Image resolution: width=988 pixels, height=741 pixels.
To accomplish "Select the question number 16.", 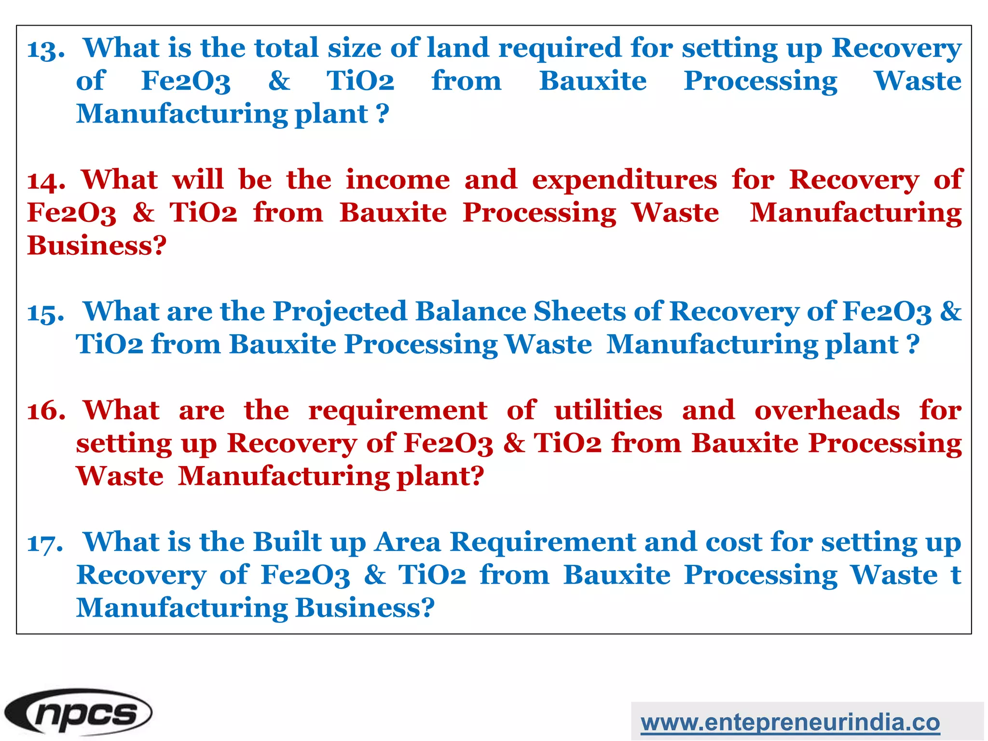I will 46,412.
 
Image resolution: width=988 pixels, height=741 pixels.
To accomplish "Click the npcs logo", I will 78,712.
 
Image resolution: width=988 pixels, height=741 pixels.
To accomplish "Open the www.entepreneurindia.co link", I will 790,722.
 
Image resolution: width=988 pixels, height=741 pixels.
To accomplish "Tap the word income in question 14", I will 398,180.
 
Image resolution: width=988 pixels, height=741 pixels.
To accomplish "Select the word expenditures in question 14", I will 624,181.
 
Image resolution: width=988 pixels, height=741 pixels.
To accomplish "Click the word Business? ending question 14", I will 97,246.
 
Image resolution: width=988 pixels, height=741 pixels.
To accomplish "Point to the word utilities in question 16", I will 608,411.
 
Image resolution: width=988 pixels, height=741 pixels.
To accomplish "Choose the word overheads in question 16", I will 827,411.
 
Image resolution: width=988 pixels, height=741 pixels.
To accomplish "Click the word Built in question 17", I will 287,542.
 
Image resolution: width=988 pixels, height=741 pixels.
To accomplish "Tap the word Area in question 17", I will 408,542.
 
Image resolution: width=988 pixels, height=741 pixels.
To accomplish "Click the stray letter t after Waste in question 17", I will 956,575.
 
